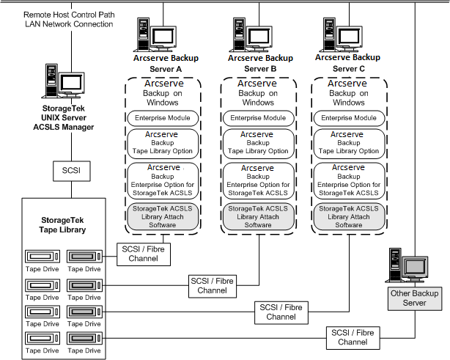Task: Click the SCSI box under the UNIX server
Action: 71,172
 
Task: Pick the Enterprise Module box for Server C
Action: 348,118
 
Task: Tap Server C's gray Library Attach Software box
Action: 348,216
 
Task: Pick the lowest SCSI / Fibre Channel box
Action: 352,337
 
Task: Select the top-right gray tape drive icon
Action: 86,257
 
